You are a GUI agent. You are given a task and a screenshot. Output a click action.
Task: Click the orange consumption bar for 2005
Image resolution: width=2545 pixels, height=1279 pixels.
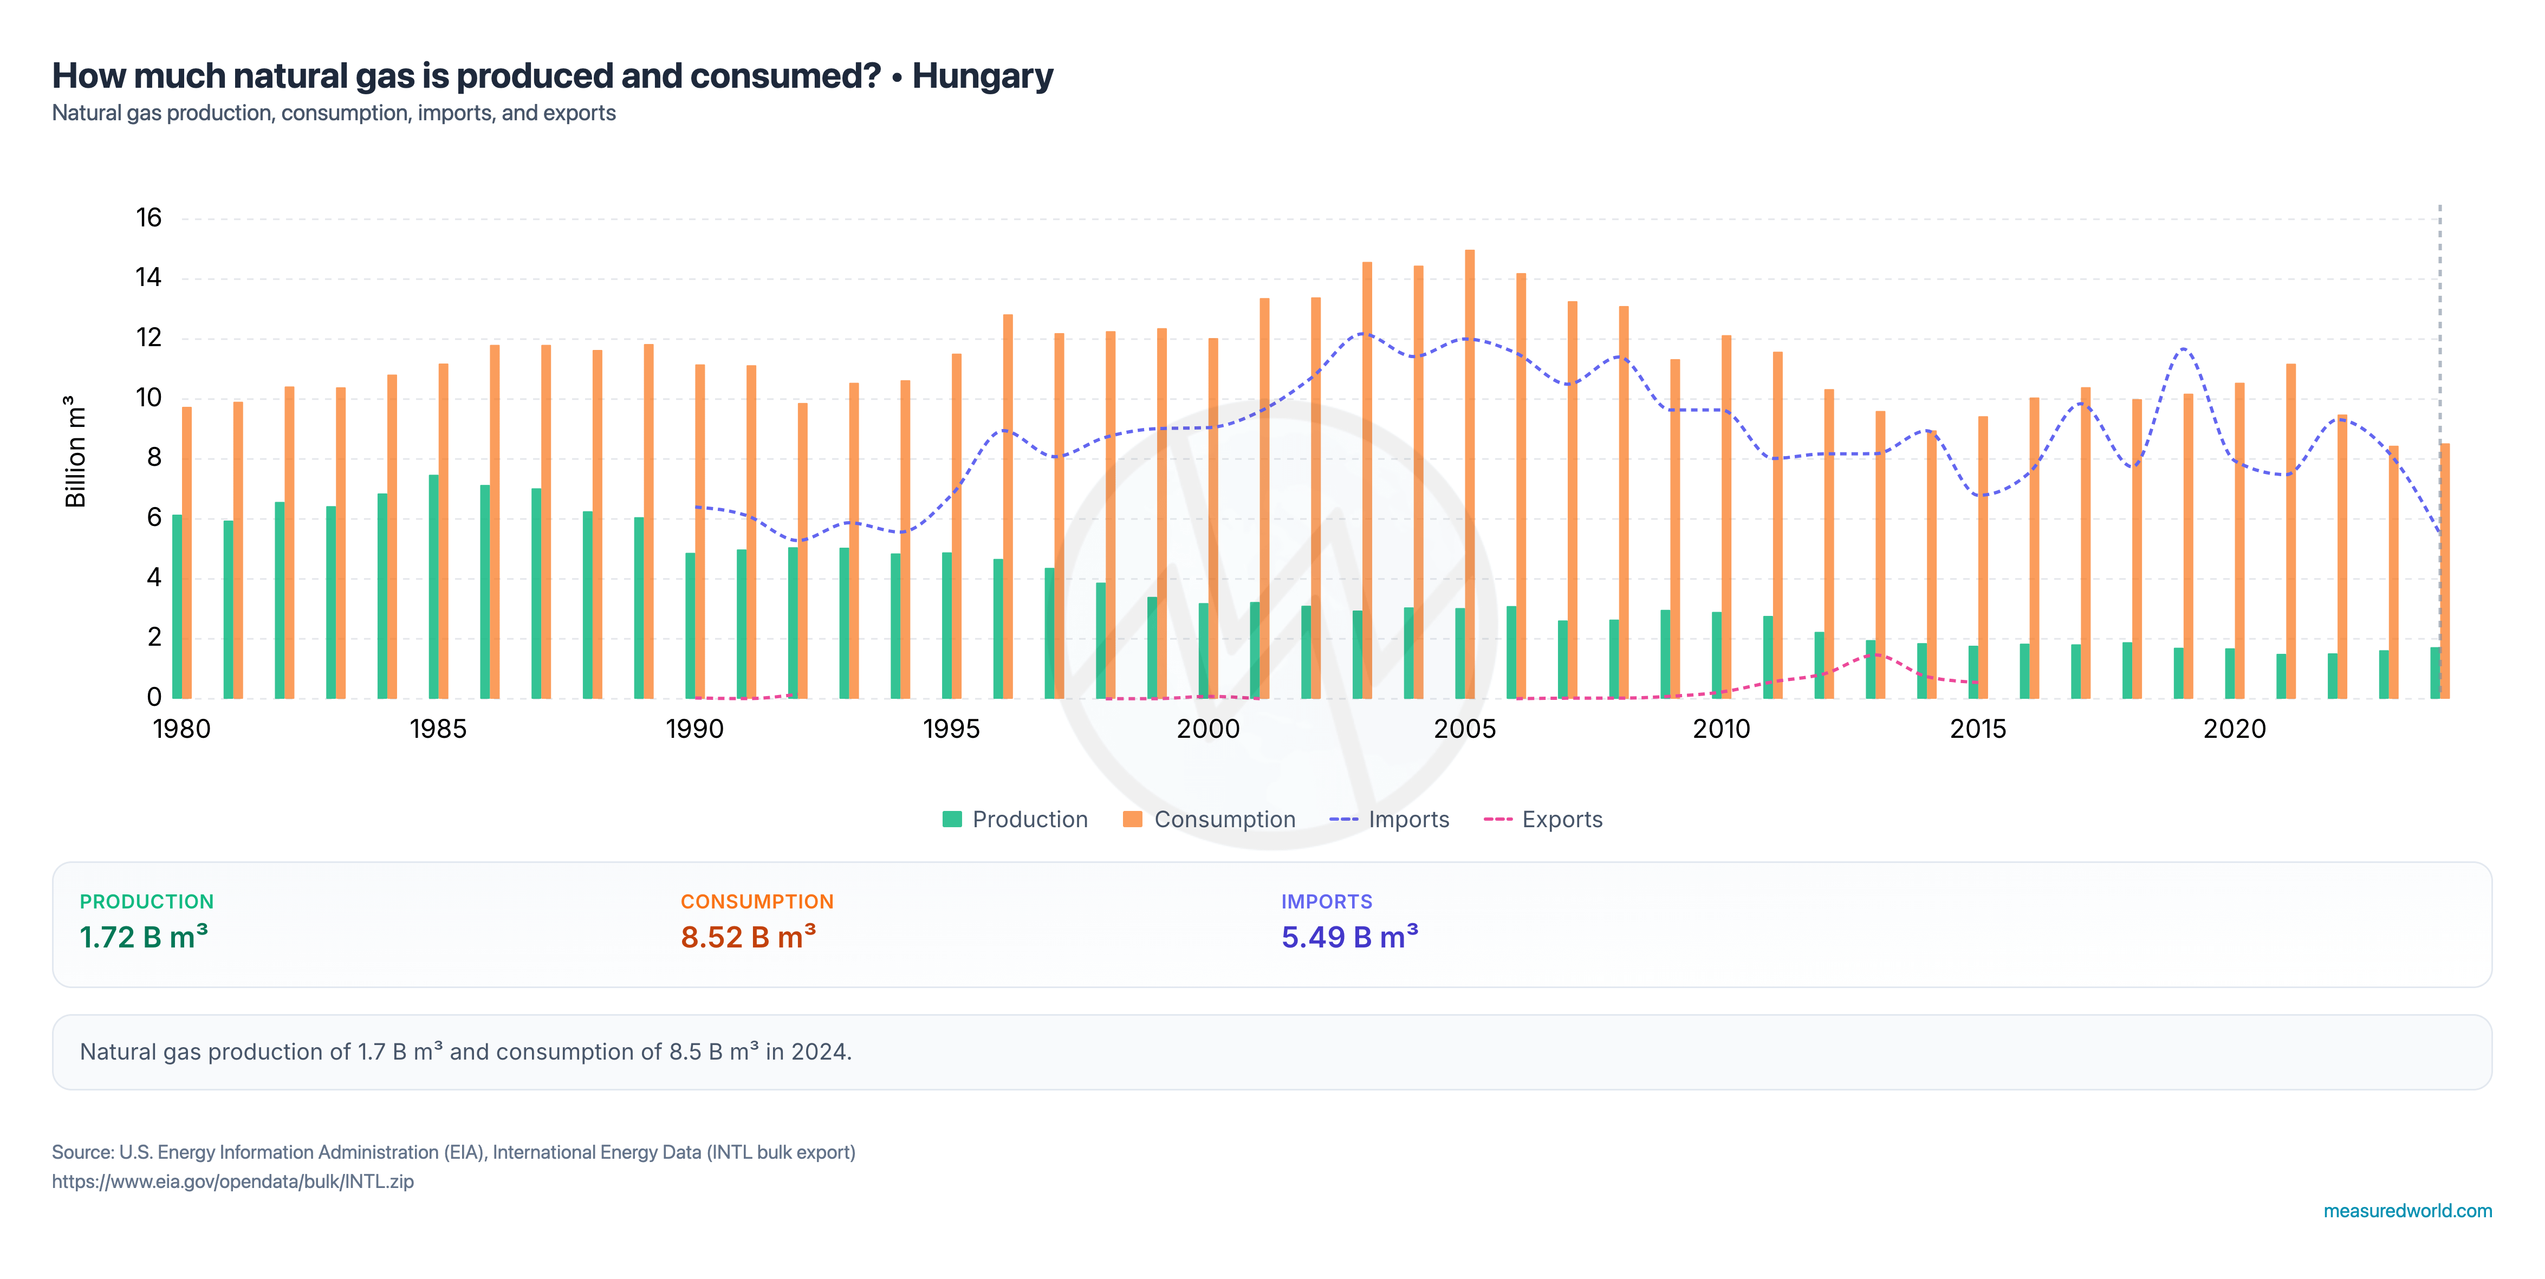1469,474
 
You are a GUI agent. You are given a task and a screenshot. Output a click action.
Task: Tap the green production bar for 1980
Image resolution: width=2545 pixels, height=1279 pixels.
177,606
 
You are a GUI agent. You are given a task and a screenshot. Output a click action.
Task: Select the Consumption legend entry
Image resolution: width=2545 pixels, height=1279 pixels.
1209,820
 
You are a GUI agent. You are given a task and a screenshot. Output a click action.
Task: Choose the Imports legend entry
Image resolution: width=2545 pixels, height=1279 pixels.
1389,820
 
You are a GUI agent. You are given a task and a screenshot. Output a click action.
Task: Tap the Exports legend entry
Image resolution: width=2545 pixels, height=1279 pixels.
1543,820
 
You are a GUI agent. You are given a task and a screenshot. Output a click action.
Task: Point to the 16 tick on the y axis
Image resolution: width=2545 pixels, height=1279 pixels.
148,217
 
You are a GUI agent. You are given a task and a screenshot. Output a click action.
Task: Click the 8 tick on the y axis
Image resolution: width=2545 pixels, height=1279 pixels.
154,457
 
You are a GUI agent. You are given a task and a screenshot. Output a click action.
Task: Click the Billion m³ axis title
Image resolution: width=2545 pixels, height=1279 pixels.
75,451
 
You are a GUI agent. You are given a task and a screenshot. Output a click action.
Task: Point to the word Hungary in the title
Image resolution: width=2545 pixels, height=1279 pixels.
982,76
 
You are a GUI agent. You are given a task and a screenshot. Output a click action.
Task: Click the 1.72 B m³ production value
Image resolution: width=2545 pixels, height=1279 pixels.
143,936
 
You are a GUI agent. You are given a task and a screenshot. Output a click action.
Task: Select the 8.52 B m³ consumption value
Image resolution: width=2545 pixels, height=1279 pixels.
748,936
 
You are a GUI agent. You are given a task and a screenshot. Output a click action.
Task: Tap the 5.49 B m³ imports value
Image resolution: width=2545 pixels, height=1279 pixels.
1349,936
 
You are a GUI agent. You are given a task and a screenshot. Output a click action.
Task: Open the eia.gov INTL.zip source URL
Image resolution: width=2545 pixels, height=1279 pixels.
233,1181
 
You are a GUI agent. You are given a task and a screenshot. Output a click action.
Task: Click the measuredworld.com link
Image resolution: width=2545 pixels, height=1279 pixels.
2407,1211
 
